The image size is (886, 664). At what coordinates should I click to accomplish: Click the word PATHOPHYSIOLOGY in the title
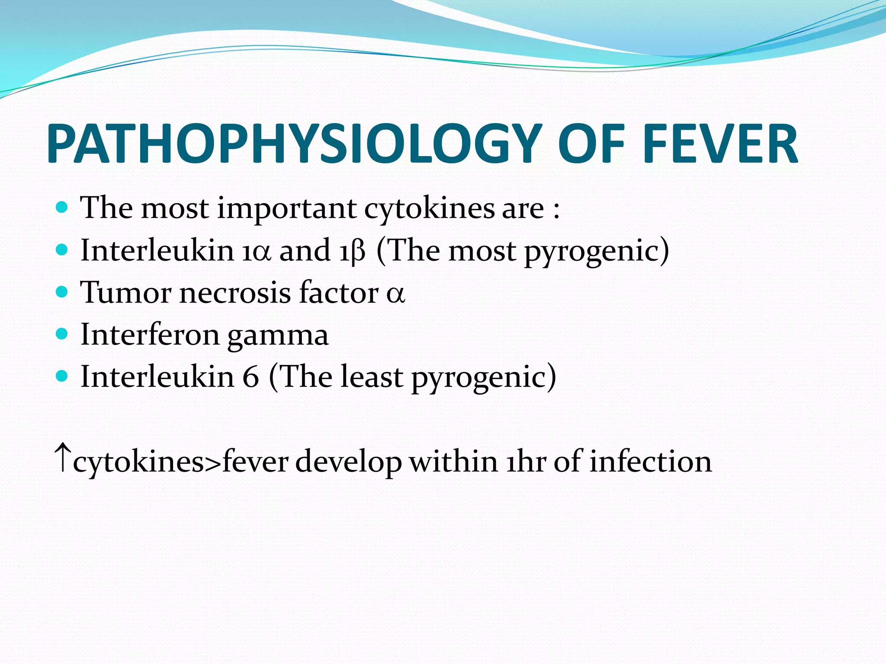pyautogui.click(x=294, y=144)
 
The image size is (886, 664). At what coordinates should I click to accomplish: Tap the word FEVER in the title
pyautogui.click(x=720, y=144)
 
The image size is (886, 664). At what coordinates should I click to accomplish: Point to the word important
pyautogui.click(x=287, y=208)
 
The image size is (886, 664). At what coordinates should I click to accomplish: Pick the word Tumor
pyautogui.click(x=125, y=293)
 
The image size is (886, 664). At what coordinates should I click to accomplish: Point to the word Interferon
pyautogui.click(x=150, y=335)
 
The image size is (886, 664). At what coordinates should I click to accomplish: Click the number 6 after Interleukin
pyautogui.click(x=250, y=377)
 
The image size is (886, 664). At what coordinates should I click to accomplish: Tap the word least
pyautogui.click(x=371, y=377)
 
